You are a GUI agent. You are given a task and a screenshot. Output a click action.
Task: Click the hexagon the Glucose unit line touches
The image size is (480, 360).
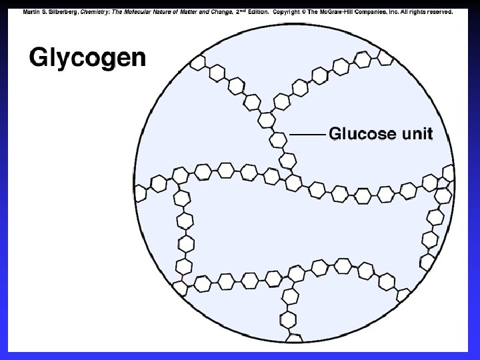(278, 139)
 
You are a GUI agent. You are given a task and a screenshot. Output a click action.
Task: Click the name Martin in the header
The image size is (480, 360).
(31, 12)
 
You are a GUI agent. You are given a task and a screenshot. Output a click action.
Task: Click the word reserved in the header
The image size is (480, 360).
(438, 12)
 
